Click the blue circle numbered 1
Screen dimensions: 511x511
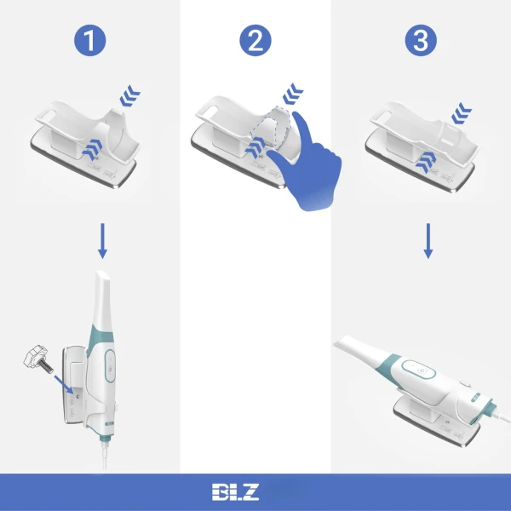(x=90, y=40)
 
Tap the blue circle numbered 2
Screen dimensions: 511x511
(x=255, y=40)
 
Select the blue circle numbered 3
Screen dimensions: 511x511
(x=421, y=40)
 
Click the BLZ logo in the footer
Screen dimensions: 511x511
(x=235, y=491)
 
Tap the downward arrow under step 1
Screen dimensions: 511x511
(x=103, y=241)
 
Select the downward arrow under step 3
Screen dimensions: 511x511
(x=428, y=241)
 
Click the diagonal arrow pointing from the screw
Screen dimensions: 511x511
(x=64, y=385)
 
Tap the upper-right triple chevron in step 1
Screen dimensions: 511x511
(x=129, y=95)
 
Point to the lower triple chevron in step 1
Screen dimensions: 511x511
(x=93, y=149)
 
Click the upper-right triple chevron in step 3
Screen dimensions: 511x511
(x=462, y=113)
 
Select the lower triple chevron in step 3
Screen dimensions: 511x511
(x=426, y=162)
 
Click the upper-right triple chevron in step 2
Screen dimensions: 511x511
(x=293, y=94)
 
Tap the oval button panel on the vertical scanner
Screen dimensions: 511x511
(x=110, y=365)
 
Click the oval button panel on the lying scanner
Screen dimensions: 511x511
(x=418, y=370)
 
